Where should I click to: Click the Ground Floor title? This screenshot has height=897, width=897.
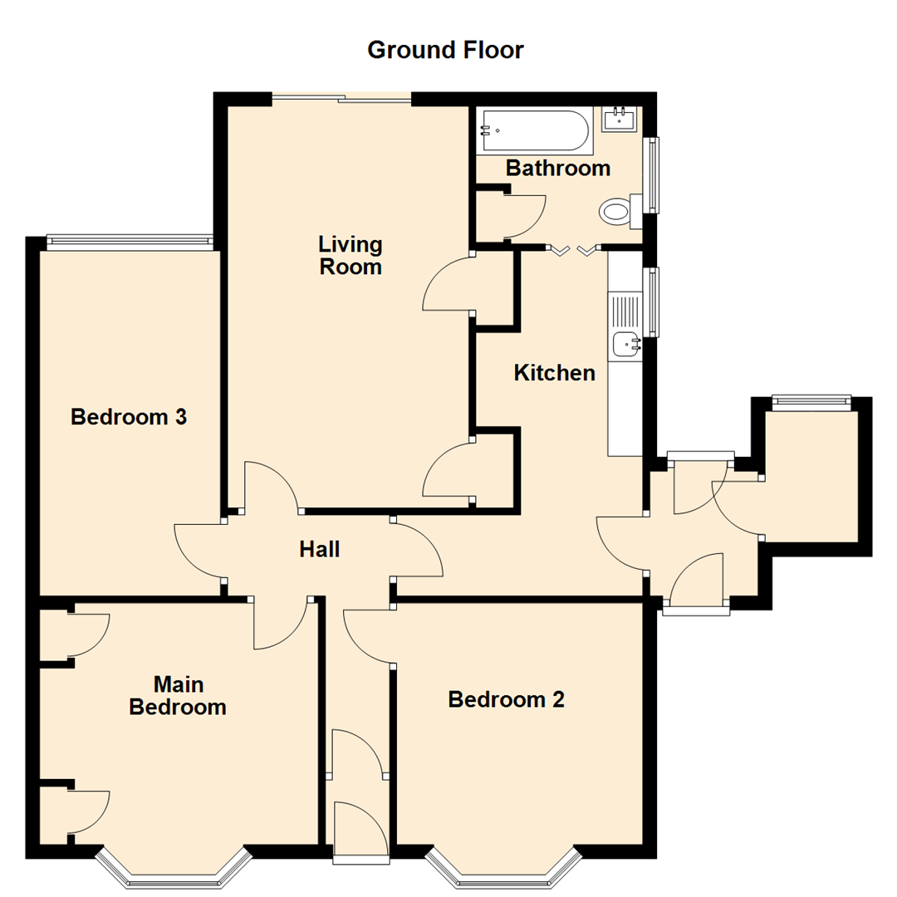pos(445,50)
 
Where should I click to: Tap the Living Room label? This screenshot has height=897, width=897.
pos(350,255)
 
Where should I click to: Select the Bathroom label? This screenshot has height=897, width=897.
pos(558,169)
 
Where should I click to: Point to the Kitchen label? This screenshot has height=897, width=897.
pos(554,373)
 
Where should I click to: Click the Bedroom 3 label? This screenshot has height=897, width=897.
pos(128,417)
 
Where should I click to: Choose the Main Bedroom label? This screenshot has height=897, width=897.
pos(179,696)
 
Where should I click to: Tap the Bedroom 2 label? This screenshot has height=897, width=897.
pos(506,699)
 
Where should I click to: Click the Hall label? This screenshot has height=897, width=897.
pos(320,549)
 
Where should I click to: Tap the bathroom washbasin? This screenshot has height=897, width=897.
pos(620,120)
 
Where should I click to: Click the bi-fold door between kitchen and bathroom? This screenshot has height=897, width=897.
pos(574,248)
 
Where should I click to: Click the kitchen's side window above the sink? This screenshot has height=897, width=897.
pos(654,301)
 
